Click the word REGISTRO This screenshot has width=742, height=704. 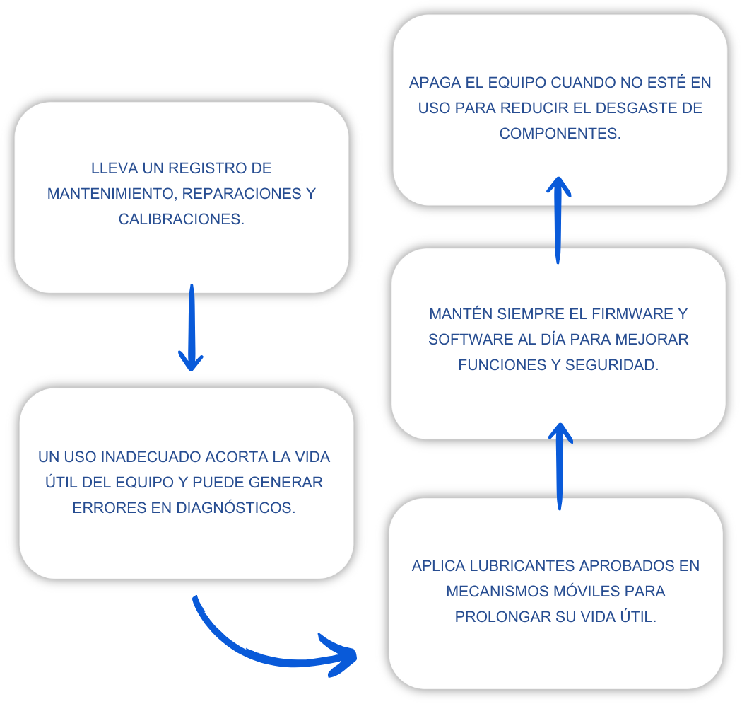(207, 168)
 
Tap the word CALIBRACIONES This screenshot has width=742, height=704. (181, 219)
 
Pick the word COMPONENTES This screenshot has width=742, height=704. (560, 134)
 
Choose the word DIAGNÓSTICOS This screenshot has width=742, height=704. (235, 507)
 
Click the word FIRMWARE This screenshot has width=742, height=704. (632, 313)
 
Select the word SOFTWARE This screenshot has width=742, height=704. (471, 339)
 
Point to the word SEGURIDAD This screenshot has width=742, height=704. (611, 365)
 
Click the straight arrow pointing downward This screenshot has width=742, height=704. (192, 327)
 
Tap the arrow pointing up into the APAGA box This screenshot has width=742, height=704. (558, 220)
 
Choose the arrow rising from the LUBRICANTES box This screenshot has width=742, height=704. (560, 467)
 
